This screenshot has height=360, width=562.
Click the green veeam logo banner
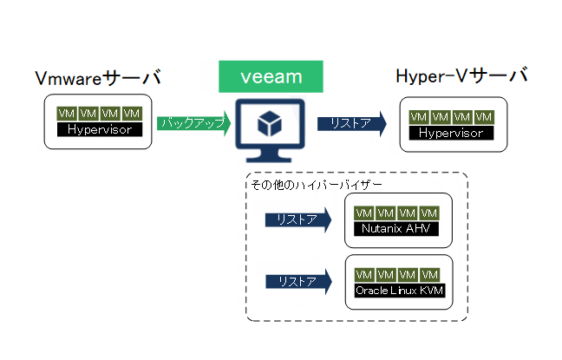click(x=271, y=76)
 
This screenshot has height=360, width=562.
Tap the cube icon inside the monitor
click(x=270, y=123)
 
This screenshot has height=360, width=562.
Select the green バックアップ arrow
click(x=194, y=123)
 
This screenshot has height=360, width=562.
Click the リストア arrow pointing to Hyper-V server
click(x=352, y=124)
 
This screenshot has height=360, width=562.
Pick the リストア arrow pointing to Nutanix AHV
click(x=298, y=219)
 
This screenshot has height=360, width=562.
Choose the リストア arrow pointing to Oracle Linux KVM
click(x=298, y=281)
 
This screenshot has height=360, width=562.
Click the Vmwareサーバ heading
click(x=98, y=77)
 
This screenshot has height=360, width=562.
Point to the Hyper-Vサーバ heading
click(x=461, y=75)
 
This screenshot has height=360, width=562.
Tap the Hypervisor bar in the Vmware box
click(x=100, y=129)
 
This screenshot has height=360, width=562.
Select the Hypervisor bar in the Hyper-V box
click(x=451, y=133)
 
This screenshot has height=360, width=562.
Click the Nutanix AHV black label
click(x=396, y=228)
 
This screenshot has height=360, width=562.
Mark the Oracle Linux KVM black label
click(x=400, y=290)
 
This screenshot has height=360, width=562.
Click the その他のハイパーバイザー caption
click(x=317, y=185)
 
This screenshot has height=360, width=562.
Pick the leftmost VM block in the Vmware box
click(x=66, y=114)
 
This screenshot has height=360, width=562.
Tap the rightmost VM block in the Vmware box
click(x=132, y=114)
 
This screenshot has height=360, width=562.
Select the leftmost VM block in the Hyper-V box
click(x=419, y=117)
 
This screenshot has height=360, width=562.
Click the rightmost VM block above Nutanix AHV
click(x=429, y=213)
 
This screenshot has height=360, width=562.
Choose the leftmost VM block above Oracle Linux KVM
click(x=364, y=275)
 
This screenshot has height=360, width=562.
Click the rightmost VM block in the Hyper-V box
click(x=484, y=117)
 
